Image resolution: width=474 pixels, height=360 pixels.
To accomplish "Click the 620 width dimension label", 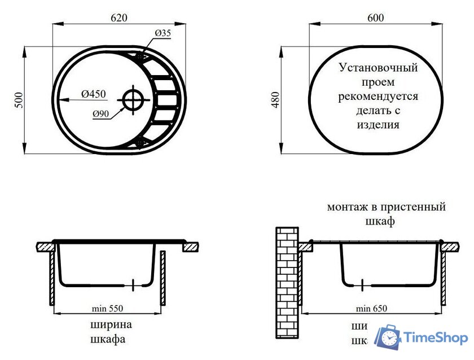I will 118,18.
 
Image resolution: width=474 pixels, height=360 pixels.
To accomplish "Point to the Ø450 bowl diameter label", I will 93,94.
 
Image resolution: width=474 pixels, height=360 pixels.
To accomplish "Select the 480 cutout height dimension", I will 275,100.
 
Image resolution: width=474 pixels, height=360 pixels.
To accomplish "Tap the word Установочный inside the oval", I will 378,68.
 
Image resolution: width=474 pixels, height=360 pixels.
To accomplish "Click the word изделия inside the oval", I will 378,125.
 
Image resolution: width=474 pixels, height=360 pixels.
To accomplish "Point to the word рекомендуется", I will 378,96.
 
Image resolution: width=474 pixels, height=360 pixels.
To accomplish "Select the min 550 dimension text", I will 107,308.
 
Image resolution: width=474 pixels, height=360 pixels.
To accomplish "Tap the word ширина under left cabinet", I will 111,324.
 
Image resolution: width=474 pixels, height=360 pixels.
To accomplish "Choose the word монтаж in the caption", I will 343,207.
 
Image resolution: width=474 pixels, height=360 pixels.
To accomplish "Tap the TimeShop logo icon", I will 388,337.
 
